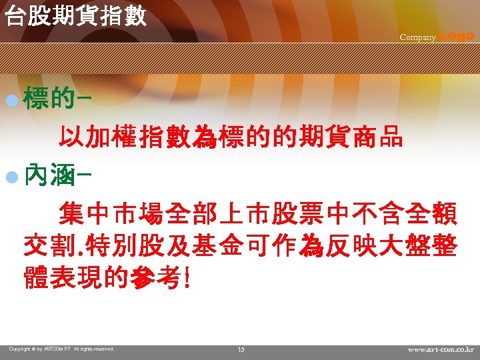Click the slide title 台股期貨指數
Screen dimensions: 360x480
point(75,16)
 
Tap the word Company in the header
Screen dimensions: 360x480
point(417,37)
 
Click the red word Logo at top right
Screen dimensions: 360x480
point(457,36)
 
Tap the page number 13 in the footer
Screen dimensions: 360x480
point(241,350)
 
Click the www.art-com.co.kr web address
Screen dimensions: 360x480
point(440,349)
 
